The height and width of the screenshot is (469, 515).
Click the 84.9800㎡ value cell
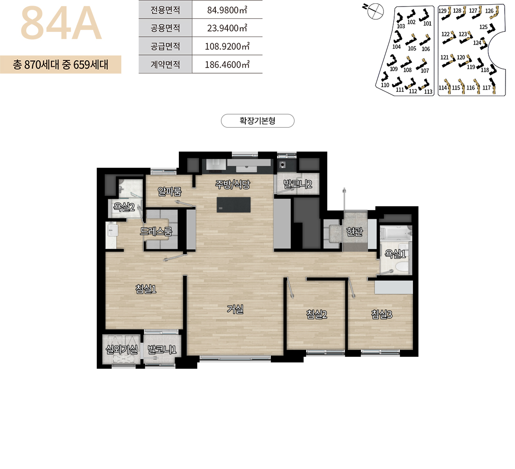(x=227, y=10)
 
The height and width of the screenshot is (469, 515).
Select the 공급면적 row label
(x=165, y=46)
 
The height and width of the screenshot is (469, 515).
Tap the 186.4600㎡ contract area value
(x=227, y=65)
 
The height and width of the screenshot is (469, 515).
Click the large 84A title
(x=61, y=24)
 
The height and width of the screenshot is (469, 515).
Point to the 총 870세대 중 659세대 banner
(x=60, y=65)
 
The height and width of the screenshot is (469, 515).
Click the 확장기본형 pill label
(x=257, y=121)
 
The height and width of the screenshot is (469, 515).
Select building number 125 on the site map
(x=484, y=27)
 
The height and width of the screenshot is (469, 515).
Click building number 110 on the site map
(x=385, y=85)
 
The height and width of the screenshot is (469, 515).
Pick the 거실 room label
(x=235, y=309)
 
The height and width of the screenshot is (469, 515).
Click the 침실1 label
(x=146, y=289)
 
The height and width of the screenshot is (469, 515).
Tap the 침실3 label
(x=382, y=315)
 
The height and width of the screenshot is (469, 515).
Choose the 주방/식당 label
(x=233, y=184)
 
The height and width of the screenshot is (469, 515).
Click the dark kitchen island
(x=234, y=204)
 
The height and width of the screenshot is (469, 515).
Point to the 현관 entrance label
(x=354, y=232)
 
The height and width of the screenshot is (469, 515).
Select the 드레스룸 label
(x=156, y=231)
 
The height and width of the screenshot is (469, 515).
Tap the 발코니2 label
(x=298, y=184)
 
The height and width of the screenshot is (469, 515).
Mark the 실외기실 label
(x=122, y=349)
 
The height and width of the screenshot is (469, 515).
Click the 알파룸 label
(x=169, y=191)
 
